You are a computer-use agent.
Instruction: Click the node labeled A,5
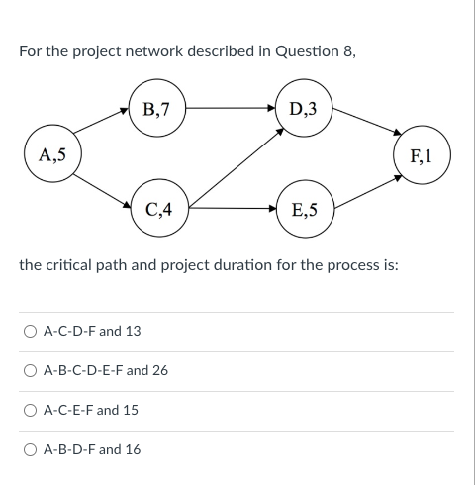click(52, 155)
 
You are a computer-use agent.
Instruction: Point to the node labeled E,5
click(304, 209)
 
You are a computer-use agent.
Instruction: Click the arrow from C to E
click(232, 209)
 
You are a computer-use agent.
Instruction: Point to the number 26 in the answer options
click(159, 370)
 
